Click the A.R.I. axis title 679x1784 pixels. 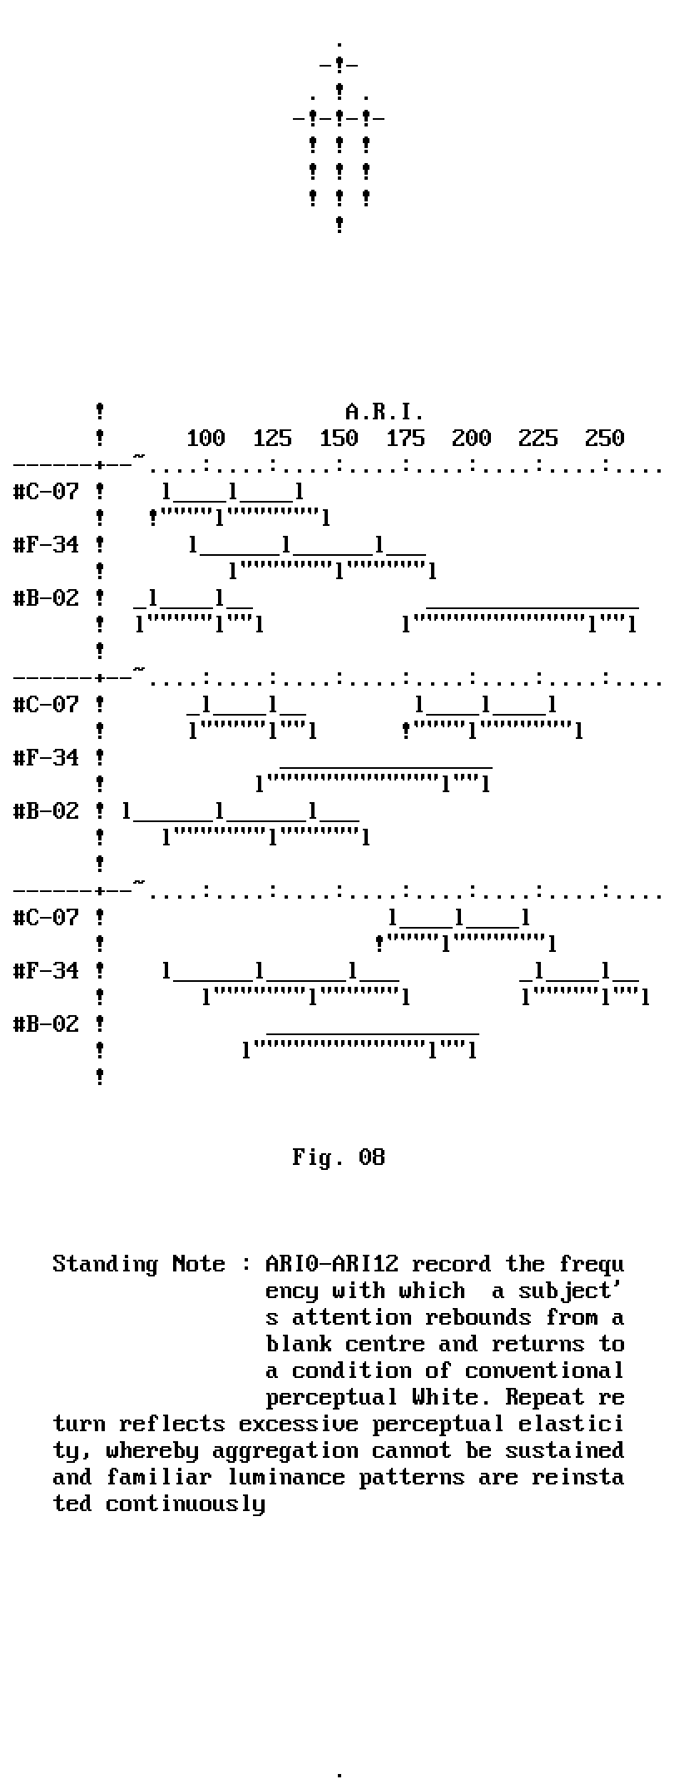click(384, 412)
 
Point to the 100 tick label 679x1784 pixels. click(205, 439)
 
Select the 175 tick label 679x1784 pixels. click(404, 439)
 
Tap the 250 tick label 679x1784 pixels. click(604, 439)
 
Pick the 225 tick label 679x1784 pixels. click(538, 439)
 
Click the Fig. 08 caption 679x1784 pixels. click(339, 1157)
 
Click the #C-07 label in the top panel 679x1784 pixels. click(46, 492)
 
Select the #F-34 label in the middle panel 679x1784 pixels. click(46, 758)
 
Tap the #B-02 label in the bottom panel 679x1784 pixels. click(46, 1024)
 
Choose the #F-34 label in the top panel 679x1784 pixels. click(46, 545)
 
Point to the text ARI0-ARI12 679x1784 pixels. click(331, 1264)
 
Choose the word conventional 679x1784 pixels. click(545, 1370)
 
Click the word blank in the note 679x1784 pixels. click(299, 1344)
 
